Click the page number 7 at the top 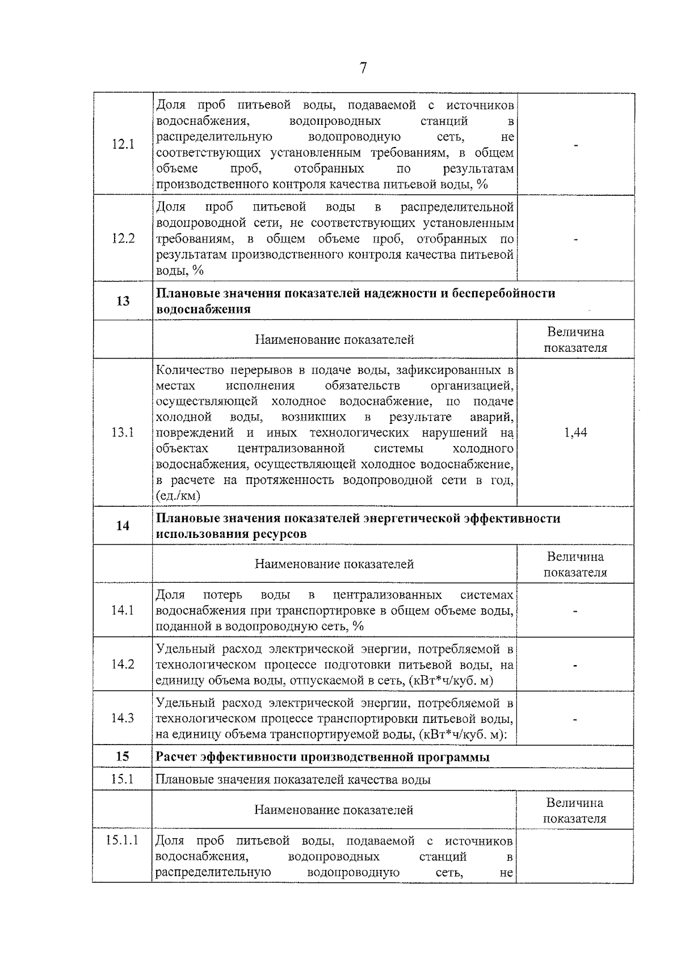pos(363,68)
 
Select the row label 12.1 pos(123,144)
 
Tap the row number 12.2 pos(123,238)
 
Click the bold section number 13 pos(123,301)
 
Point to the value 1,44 pos(575,432)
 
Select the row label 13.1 pos(123,432)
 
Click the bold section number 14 pos(123,526)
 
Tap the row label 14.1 pos(123,610)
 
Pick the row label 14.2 pos(123,664)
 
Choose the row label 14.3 pos(123,718)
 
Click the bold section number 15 pos(123,756)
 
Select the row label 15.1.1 pos(123,840)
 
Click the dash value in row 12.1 pos(575,145)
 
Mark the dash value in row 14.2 pos(575,665)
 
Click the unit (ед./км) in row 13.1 pos(178,496)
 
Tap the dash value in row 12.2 pos(575,239)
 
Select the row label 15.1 pos(123,779)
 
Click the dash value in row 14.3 pos(575,719)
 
